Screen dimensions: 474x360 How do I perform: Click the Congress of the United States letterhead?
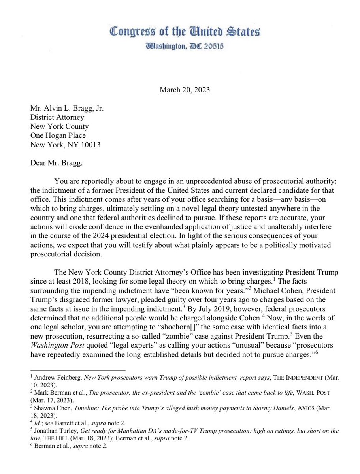(185, 32)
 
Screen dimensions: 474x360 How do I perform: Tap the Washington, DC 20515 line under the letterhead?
(185, 47)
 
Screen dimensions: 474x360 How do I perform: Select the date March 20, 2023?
(185, 90)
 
